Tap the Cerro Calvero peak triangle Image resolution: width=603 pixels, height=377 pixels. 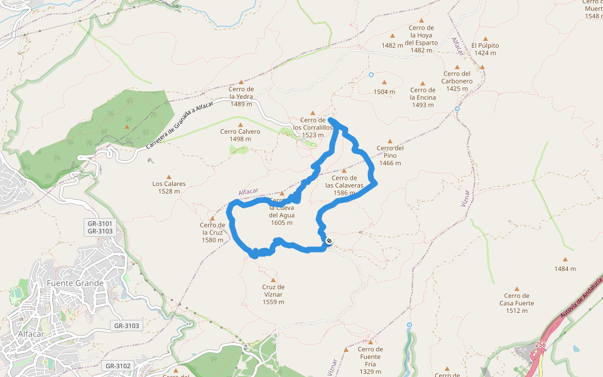coord(240,125)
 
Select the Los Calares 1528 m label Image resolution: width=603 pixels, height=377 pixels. coord(169,187)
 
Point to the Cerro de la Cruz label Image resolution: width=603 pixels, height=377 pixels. coord(212,232)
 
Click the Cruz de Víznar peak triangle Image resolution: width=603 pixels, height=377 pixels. coord(273,280)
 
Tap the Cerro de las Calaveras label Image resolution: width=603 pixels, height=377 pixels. coord(344,185)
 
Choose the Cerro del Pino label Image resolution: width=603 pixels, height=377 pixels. coord(390,155)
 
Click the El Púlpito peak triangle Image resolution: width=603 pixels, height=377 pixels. coord(485,39)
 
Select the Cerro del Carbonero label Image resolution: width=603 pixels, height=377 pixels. coord(457,81)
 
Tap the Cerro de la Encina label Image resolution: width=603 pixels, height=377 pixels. coord(423,97)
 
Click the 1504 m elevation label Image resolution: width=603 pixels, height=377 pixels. coord(384,92)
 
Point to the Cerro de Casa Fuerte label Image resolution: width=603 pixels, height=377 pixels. coord(517,303)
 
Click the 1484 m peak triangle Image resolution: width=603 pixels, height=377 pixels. coord(565,259)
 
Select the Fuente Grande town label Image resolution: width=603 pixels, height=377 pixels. coord(75,283)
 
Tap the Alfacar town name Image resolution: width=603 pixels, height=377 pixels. coord(30,334)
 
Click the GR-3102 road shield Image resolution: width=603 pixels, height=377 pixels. coord(117,366)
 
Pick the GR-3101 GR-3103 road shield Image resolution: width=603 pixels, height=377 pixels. coord(100,227)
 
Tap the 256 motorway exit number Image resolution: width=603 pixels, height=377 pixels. coord(541,344)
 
